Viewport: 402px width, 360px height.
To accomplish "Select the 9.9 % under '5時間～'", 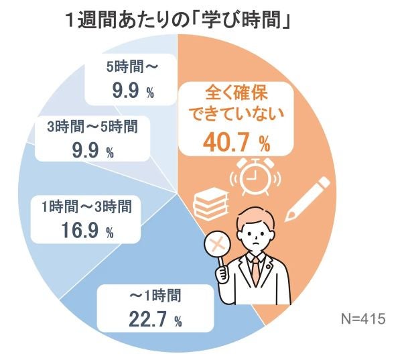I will click(127, 91).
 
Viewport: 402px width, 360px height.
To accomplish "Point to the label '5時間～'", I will click(127, 67).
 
